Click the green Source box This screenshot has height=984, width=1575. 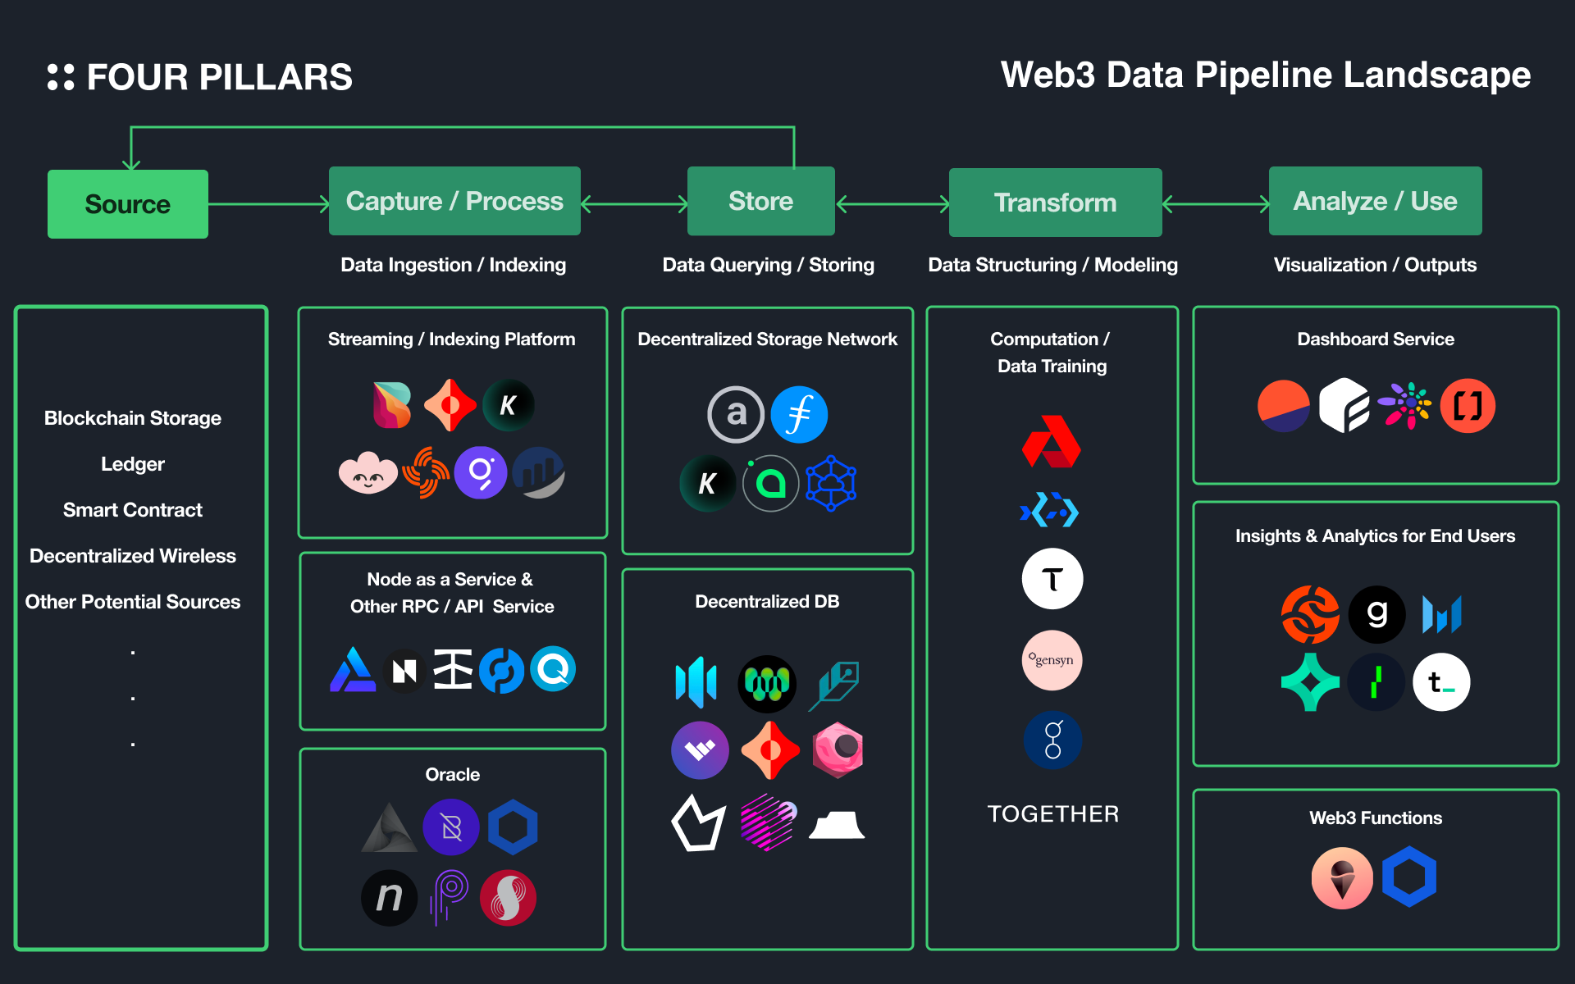(x=127, y=204)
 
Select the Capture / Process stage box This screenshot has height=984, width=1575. (x=454, y=202)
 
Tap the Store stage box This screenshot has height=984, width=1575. (x=760, y=202)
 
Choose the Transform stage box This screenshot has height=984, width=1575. (x=1055, y=203)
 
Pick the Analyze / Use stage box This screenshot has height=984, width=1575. (x=1375, y=202)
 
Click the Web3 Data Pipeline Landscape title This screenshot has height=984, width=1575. (x=1265, y=75)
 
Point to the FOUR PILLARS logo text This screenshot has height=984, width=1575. (x=218, y=78)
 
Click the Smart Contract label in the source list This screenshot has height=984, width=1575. (x=133, y=510)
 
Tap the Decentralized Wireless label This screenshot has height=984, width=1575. (x=133, y=556)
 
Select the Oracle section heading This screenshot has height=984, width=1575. (x=453, y=775)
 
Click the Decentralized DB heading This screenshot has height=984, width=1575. (x=767, y=602)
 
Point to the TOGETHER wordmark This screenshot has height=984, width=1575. (x=1053, y=813)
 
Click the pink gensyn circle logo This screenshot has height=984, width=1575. (x=1052, y=660)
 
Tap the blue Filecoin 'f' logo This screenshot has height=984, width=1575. (x=799, y=414)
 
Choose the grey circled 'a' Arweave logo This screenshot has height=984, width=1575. (x=736, y=414)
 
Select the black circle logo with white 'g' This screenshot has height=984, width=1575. (x=1377, y=614)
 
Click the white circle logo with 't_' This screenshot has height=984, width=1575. (x=1441, y=682)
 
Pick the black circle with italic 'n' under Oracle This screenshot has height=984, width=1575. (x=390, y=898)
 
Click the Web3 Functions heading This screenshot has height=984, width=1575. (x=1376, y=818)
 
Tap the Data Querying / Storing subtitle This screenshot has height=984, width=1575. (x=768, y=265)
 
